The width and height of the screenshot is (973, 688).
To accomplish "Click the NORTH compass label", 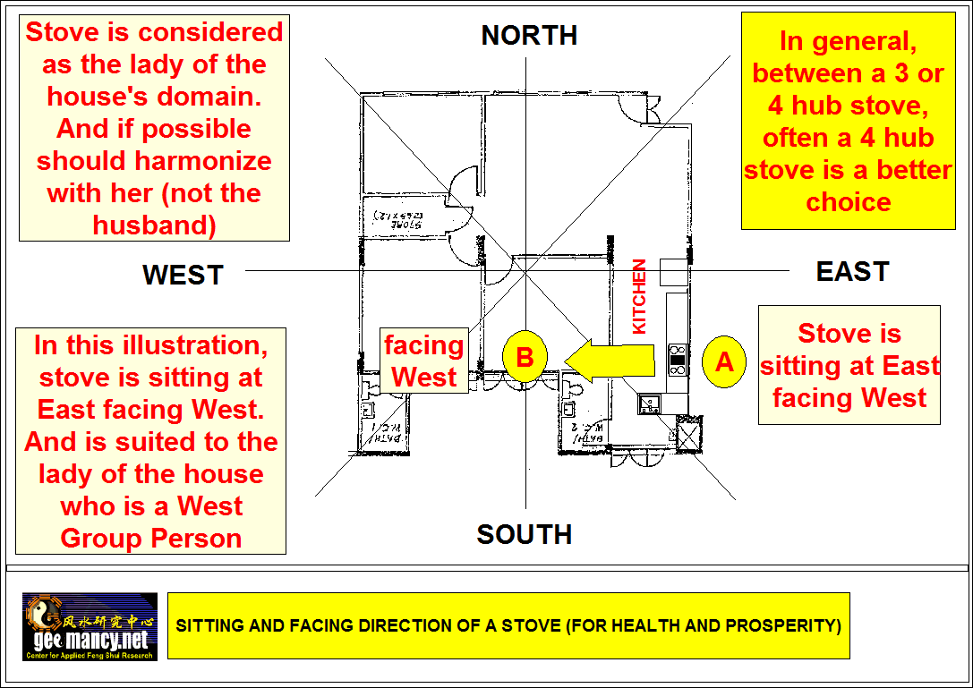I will pos(529,36).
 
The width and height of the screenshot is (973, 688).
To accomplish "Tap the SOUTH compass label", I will pos(524,534).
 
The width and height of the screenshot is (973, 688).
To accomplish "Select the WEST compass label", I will pos(183,275).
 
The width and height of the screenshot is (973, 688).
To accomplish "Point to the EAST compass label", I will pos(852,271).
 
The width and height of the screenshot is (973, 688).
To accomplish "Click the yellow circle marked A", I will pos(724,361).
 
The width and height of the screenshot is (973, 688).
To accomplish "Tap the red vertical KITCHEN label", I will pos(639,297).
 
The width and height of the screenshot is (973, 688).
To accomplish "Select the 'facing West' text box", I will pos(424,361).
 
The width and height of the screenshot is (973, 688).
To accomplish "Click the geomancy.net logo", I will pos(90,626).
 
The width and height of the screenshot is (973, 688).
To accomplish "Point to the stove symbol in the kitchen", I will pos(678,359).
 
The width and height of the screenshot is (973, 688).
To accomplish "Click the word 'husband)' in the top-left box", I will pos(155,225).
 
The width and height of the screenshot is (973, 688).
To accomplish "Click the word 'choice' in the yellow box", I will pos(848,201).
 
